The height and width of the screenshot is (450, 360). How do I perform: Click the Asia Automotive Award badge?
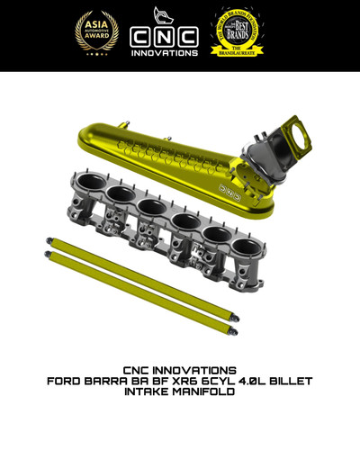96,33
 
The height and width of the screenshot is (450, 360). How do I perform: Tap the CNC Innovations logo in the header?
164,36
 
